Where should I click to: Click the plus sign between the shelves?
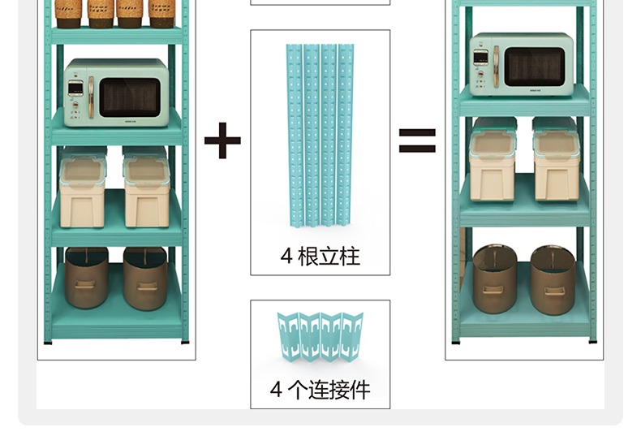pos(222,140)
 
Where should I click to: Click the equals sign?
pos(416,140)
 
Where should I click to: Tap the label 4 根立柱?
pos(320,257)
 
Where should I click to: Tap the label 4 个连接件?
pos(320,390)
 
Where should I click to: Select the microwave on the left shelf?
pos(116,92)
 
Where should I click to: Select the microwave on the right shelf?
pos(521,64)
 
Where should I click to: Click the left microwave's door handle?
pos(91,97)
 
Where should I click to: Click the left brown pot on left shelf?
pos(87,278)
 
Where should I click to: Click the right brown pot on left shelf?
pos(145,278)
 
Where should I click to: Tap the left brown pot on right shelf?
pos(494,279)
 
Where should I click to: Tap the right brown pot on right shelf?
pos(553,279)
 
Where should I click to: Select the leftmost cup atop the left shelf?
pos(68,12)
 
